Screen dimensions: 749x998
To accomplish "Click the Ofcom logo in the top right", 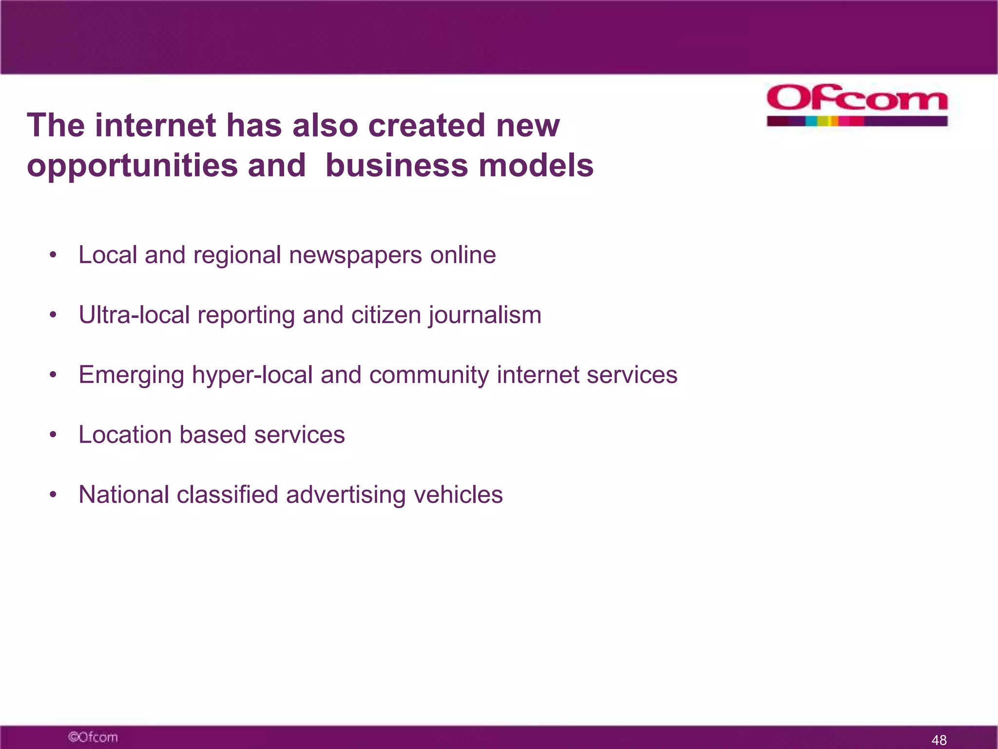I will [857, 105].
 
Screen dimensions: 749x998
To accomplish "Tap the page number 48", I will [939, 740].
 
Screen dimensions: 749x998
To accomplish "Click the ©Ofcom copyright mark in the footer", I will [93, 737].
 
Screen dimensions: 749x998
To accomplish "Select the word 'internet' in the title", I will [155, 125].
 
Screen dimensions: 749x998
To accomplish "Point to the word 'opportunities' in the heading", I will [132, 166].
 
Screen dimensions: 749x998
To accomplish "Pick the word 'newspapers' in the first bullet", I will [355, 255].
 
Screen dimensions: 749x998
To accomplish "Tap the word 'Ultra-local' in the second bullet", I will [134, 315].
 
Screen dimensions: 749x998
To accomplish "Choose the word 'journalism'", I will [485, 315].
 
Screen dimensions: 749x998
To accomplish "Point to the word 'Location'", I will [125, 434].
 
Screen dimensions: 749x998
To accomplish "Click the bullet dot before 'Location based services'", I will [53, 435].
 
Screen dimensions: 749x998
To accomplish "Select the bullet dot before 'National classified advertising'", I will [53, 495].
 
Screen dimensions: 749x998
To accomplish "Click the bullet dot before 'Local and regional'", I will [53, 256].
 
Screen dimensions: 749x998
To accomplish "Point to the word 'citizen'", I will [386, 315].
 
